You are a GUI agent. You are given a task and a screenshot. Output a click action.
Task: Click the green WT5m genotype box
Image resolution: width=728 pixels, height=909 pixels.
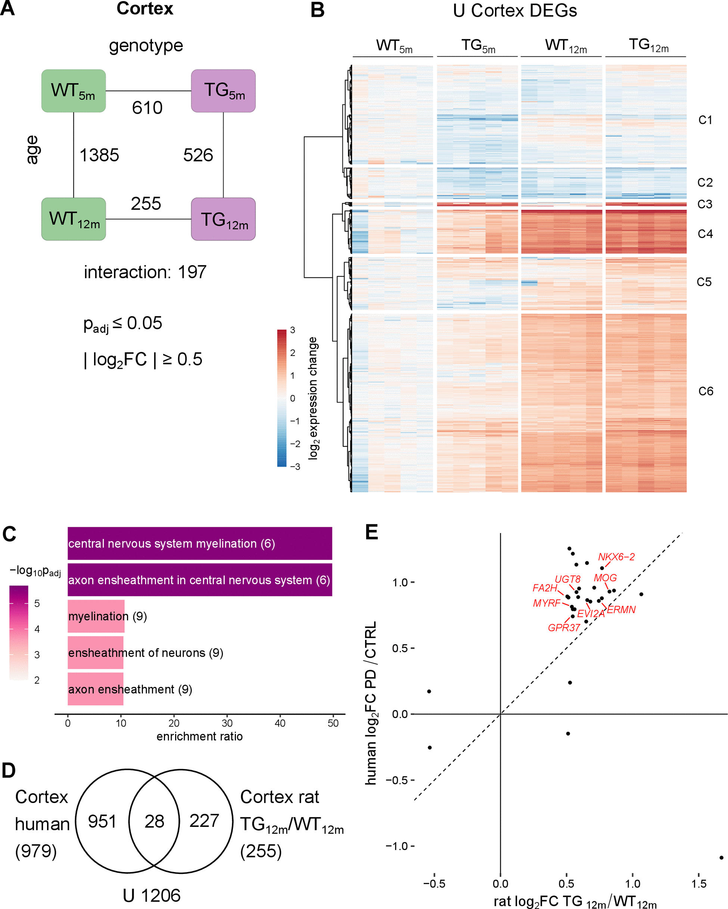click(74, 91)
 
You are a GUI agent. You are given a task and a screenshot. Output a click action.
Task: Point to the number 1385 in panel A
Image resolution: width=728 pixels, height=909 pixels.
click(99, 155)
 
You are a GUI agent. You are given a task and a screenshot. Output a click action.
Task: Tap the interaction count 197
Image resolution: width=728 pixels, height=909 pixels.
click(192, 272)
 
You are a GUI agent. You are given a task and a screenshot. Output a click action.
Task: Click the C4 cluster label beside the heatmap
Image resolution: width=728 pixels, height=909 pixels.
click(705, 234)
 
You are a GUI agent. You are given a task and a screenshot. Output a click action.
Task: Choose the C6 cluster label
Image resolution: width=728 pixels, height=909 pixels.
click(706, 391)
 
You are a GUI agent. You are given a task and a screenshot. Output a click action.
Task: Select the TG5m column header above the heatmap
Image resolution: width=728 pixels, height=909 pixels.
click(478, 46)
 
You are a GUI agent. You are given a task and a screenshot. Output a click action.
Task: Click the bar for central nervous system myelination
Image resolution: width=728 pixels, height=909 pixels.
click(199, 543)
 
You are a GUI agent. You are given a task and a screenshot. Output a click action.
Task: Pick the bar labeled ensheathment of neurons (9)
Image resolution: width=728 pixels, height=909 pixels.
click(96, 653)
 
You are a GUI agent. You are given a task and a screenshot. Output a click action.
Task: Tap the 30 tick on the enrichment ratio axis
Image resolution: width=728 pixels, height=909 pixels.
click(227, 724)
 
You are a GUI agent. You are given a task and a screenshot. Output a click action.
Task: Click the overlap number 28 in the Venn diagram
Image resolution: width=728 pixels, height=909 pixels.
click(154, 821)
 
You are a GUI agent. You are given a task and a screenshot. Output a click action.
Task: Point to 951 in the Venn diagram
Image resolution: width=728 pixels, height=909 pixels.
click(102, 821)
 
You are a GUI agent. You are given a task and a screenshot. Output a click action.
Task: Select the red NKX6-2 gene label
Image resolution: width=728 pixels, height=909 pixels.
click(616, 557)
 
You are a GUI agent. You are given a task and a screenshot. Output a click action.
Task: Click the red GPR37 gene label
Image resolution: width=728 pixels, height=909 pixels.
click(564, 628)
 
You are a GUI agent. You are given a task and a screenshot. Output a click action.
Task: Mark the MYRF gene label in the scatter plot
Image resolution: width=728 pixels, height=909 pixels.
click(547, 603)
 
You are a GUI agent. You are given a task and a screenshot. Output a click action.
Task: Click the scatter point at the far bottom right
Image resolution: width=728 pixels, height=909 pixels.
click(721, 858)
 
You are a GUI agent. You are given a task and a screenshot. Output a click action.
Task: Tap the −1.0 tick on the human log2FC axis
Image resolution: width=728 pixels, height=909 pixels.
click(398, 846)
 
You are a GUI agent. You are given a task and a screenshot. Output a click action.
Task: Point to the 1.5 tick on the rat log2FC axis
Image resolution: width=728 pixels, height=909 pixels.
click(699, 884)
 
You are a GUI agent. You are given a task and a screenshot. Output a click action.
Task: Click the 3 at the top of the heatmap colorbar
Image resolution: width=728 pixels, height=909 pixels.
click(293, 330)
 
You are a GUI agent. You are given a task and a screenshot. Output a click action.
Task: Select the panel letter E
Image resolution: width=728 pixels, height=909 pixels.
click(371, 532)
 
